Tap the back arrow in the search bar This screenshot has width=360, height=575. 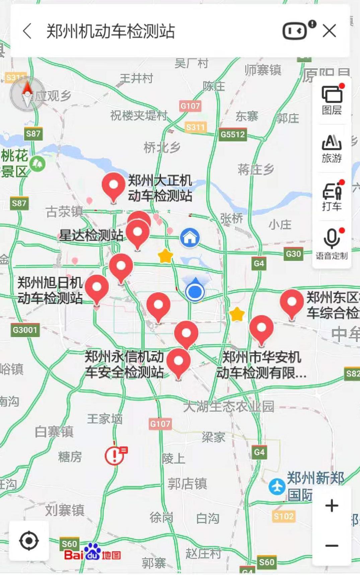(27, 31)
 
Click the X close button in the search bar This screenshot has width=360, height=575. (329, 31)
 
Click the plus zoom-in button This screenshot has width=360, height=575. (332, 505)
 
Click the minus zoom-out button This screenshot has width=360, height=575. (332, 546)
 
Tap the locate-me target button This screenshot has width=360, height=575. (29, 540)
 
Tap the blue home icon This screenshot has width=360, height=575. (190, 238)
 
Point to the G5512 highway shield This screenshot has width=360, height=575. (233, 135)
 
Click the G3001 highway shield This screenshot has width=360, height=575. (25, 330)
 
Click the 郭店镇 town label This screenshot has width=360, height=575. (187, 484)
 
